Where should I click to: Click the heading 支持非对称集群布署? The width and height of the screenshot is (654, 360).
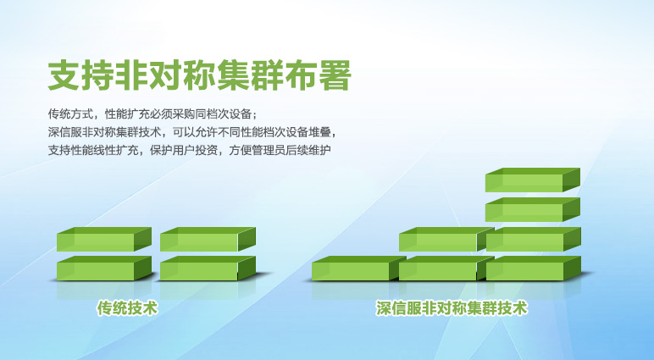pyautogui.click(x=199, y=75)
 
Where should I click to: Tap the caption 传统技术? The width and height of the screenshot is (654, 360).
pyautogui.click(x=128, y=308)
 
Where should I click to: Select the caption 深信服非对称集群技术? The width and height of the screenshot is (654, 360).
pyautogui.click(x=452, y=308)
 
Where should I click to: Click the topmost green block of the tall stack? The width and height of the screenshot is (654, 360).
pyautogui.click(x=533, y=180)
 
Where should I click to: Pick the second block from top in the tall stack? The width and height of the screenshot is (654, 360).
pyautogui.click(x=533, y=209)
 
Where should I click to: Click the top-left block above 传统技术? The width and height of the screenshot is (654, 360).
pyautogui.click(x=104, y=240)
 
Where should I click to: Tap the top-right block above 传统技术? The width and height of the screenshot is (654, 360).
pyautogui.click(x=208, y=240)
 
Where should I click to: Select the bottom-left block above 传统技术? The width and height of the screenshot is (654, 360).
pyautogui.click(x=104, y=269)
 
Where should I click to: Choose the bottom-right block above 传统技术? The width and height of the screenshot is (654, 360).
pyautogui.click(x=208, y=269)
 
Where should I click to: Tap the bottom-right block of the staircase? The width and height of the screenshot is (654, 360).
pyautogui.click(x=534, y=269)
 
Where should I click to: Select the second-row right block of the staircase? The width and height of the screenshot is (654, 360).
pyautogui.click(x=534, y=240)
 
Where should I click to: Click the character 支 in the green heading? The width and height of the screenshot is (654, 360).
pyautogui.click(x=64, y=75)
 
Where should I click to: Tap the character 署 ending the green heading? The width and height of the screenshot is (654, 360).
pyautogui.click(x=335, y=75)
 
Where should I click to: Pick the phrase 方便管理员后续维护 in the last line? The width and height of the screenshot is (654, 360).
pyautogui.click(x=280, y=150)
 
